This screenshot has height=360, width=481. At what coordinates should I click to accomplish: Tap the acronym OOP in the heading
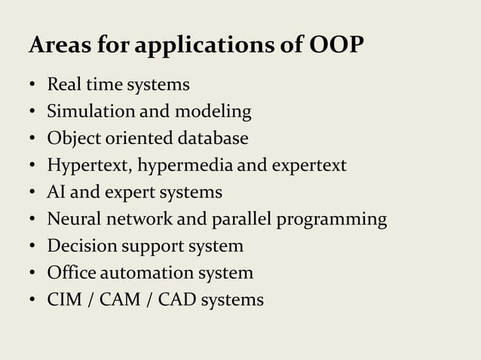(337, 46)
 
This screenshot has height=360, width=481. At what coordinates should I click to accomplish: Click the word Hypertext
(84, 166)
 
